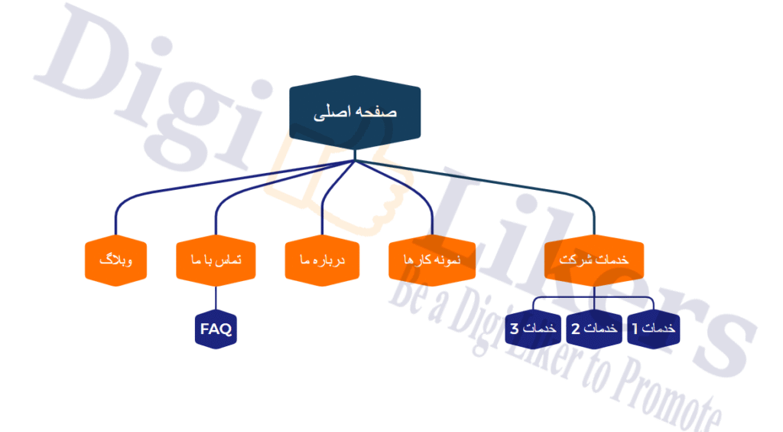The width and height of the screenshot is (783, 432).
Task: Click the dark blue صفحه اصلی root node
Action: [355, 113]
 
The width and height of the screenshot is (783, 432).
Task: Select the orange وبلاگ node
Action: [116, 260]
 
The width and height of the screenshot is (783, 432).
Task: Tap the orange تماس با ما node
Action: [216, 260]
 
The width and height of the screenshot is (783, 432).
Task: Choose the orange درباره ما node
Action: [322, 260]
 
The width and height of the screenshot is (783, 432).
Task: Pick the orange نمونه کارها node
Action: [432, 260]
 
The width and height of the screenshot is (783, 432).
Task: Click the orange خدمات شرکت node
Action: [594, 260]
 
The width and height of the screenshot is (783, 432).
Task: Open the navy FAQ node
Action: [216, 329]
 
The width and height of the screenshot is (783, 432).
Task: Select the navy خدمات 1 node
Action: [653, 329]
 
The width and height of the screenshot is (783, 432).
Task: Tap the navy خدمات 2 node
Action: [594, 329]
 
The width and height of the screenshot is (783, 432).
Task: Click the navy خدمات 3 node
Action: [533, 329]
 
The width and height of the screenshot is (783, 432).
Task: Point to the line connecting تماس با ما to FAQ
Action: [216, 298]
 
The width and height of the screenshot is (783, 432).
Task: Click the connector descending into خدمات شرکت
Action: [499, 181]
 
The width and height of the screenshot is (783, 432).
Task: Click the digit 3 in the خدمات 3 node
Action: [515, 329]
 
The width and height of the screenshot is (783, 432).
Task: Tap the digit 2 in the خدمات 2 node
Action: [576, 329]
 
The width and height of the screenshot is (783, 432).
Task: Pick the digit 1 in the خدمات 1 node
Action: [635, 329]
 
